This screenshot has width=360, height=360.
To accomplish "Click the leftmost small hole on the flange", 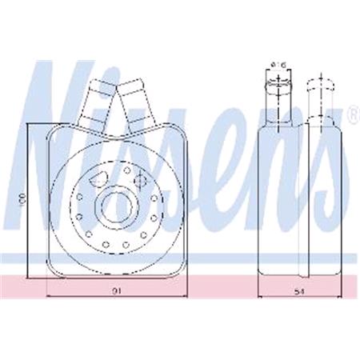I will (74, 205).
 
